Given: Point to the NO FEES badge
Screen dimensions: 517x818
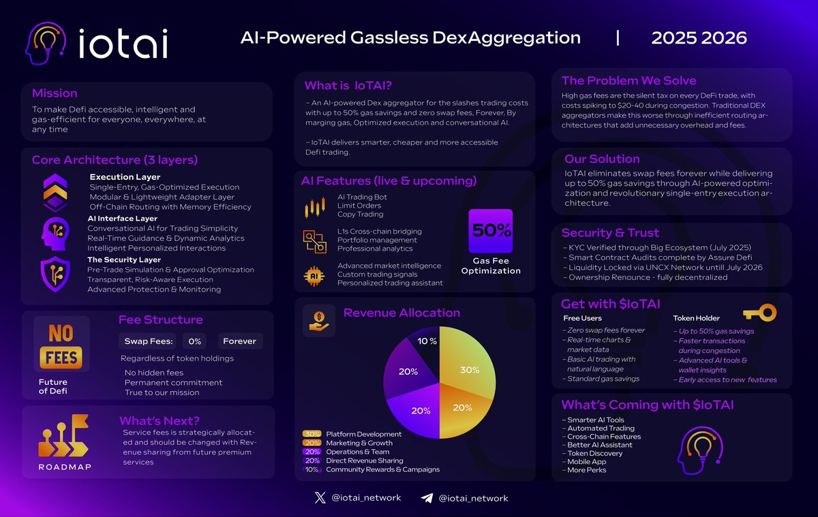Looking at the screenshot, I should coord(62,345).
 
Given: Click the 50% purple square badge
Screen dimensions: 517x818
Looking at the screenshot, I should coord(490,231).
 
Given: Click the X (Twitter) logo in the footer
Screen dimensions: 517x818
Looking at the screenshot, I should coord(321,498).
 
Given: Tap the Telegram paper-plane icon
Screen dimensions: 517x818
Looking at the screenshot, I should coord(427,498).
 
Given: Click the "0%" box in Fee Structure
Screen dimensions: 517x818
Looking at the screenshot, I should coord(195,341).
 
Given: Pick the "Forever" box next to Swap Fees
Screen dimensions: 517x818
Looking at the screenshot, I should coord(241,341).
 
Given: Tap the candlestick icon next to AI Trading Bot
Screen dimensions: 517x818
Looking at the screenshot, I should coord(314,208).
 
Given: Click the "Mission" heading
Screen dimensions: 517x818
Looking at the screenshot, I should coord(55,93).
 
